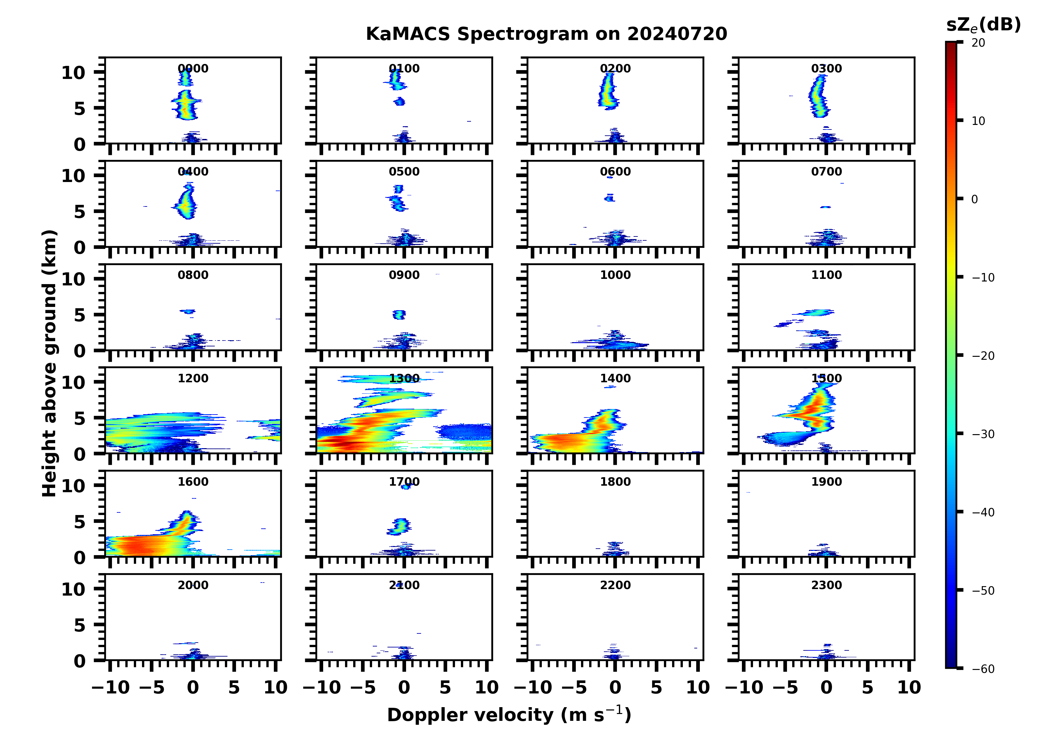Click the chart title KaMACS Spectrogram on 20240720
pyautogui.click(x=546, y=34)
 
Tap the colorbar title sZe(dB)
pyautogui.click(x=983, y=25)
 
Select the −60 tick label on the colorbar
pyautogui.click(x=983, y=669)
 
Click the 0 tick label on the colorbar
pyautogui.click(x=974, y=199)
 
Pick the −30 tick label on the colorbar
pyautogui.click(x=983, y=434)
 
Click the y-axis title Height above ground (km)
pyautogui.click(x=49, y=363)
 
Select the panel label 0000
pyautogui.click(x=193, y=68)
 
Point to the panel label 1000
pyautogui.click(x=615, y=275)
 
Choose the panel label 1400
pyautogui.click(x=615, y=378)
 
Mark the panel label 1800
pyautogui.click(x=615, y=482)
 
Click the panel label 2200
pyautogui.click(x=615, y=585)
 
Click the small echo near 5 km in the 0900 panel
pyautogui.click(x=399, y=314)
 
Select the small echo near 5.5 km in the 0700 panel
pyautogui.click(x=825, y=207)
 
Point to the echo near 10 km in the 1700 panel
pyautogui.click(x=405, y=487)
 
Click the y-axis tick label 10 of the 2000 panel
pyautogui.click(x=73, y=589)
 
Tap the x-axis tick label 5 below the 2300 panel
pyautogui.click(x=867, y=687)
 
